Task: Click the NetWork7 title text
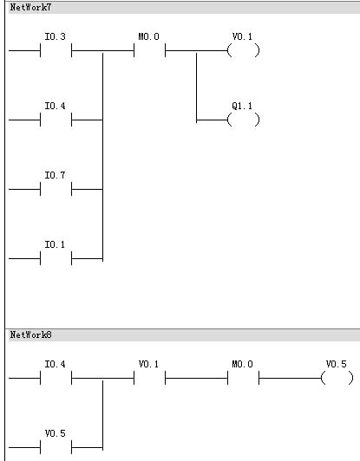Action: (30, 7)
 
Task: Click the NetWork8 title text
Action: (30, 334)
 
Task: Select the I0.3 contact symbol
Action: (56, 50)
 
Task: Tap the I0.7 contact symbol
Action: (56, 189)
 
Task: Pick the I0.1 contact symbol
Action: (56, 259)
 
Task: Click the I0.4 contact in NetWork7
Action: (56, 120)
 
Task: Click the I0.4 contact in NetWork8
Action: (56, 378)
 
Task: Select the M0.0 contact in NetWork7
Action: (149, 50)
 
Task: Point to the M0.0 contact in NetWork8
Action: (243, 378)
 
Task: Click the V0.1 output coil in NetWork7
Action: (244, 50)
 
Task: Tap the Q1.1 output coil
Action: (244, 120)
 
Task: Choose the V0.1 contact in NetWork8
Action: (149, 378)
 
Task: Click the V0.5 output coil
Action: (337, 378)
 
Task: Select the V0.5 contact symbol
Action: (56, 447)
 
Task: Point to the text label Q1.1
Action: (242, 106)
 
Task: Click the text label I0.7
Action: (55, 176)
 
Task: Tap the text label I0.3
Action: (55, 36)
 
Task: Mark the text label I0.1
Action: (55, 245)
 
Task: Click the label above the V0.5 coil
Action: (337, 364)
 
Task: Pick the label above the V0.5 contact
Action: (55, 433)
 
